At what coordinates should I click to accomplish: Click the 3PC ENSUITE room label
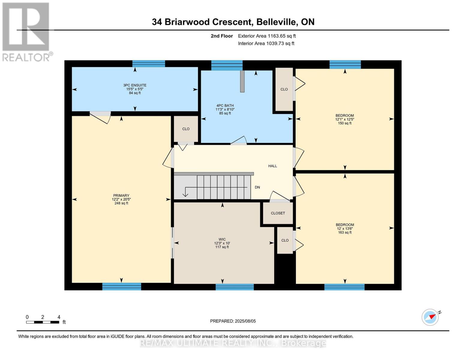[135, 85]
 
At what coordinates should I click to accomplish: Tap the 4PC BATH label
[225, 106]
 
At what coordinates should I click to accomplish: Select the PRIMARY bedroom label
[121, 196]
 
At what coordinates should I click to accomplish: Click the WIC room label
[222, 239]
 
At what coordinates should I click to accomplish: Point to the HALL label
[272, 166]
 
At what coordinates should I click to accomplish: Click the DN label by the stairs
[257, 187]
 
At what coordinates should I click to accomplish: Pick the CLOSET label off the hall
[278, 213]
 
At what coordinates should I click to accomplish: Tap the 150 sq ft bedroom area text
[344, 123]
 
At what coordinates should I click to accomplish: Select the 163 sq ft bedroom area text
[344, 232]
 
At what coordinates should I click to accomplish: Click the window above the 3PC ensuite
[149, 64]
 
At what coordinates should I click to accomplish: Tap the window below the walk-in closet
[235, 287]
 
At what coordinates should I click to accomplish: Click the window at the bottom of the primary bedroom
[122, 286]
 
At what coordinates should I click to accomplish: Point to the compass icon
[430, 317]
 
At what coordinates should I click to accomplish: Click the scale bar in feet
[43, 322]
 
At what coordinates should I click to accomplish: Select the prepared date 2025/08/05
[233, 321]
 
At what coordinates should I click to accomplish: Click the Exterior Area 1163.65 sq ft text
[267, 36]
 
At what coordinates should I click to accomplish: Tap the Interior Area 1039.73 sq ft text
[266, 43]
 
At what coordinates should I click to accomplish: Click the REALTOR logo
[26, 31]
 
